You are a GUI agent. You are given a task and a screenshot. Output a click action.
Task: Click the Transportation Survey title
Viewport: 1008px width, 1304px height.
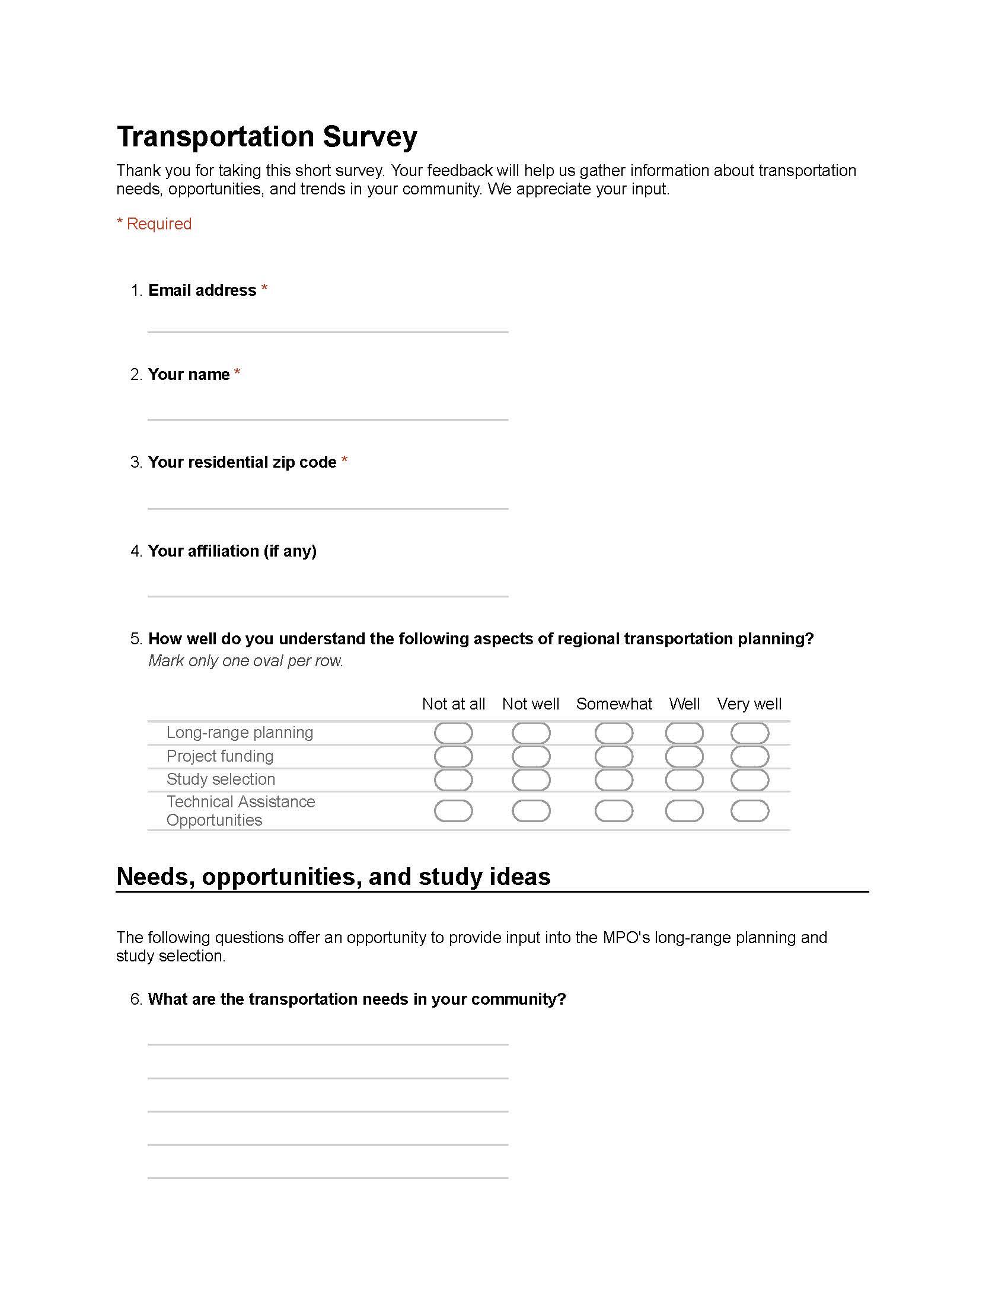266,136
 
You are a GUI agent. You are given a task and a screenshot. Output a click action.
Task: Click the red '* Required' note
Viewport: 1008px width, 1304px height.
154,224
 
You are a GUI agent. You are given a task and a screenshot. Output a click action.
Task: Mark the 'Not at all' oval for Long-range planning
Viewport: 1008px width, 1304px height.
453,733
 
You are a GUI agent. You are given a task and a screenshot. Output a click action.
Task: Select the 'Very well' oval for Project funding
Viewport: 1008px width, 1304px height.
749,756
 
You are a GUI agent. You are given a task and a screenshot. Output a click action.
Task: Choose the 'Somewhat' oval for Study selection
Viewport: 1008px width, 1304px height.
613,780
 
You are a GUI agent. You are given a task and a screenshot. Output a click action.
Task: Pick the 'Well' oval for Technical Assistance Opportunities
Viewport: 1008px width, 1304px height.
684,811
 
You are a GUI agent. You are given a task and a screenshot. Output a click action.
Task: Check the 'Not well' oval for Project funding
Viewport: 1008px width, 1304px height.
531,756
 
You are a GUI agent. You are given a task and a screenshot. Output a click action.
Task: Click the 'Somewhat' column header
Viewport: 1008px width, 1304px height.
613,704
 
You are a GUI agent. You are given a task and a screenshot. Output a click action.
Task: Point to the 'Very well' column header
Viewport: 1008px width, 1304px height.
749,704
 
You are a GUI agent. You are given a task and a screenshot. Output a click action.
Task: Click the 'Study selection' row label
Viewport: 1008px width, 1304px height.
221,779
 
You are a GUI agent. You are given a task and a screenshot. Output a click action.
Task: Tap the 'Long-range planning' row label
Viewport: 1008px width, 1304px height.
240,733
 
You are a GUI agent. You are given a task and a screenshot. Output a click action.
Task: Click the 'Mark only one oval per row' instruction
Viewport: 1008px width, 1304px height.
245,661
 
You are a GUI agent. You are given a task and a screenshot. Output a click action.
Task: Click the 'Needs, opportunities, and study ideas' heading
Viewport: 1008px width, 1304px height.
333,877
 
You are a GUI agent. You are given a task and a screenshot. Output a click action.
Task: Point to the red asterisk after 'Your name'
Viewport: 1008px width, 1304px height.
237,373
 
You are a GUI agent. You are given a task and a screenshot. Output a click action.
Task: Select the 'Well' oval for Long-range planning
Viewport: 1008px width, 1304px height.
684,733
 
